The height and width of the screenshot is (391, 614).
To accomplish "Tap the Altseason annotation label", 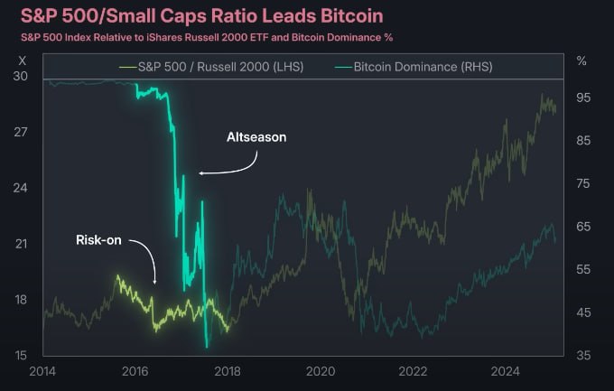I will pyautogui.click(x=256, y=138).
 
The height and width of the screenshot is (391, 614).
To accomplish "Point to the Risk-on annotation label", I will pyautogui.click(x=98, y=240).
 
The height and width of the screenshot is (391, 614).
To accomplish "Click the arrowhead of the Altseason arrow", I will pyautogui.click(x=201, y=173).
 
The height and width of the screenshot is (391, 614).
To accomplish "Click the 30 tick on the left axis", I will pyautogui.click(x=21, y=76).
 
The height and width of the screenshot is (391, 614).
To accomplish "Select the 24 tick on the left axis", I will pyautogui.click(x=21, y=188).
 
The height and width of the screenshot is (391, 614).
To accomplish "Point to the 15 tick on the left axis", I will pyautogui.click(x=21, y=355).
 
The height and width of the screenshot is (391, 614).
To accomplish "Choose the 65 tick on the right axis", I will pyautogui.click(x=583, y=227).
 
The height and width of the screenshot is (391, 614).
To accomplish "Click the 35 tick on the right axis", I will pyautogui.click(x=583, y=355).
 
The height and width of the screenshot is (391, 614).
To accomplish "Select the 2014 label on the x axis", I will pyautogui.click(x=42, y=371).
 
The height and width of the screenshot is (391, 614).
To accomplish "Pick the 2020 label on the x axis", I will pyautogui.click(x=320, y=371).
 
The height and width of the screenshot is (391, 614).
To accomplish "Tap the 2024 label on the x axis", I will pyautogui.click(x=505, y=371).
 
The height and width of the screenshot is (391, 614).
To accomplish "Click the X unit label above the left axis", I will pyautogui.click(x=22, y=59).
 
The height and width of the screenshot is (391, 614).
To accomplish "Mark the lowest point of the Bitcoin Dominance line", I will pyautogui.click(x=207, y=347).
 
